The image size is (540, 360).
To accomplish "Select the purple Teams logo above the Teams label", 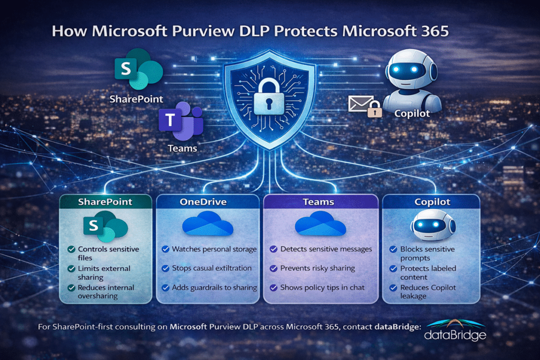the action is (x=180, y=120).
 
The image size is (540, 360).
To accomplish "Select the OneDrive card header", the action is (x=207, y=202).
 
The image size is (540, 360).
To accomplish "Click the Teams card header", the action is (x=320, y=202).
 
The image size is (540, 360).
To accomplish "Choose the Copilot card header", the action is (x=430, y=202).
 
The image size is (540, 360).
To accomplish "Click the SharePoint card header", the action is (x=105, y=202).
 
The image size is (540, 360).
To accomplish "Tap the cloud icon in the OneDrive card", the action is (x=207, y=225).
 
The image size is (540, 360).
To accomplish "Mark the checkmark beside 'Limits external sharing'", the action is (x=71, y=269).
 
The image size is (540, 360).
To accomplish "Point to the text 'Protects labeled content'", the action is (x=428, y=273).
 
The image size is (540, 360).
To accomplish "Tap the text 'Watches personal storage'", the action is (x=214, y=249).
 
